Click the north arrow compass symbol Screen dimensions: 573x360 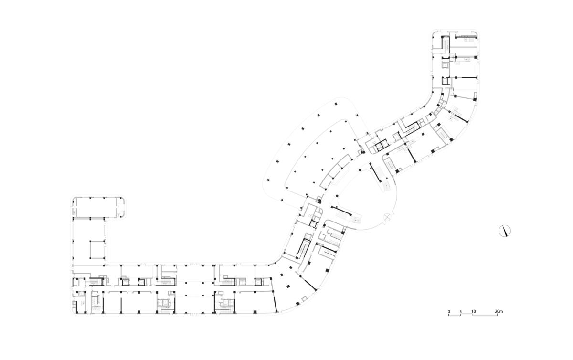(505, 231)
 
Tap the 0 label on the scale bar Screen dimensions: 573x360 (449, 311)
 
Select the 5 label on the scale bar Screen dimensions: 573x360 (460, 311)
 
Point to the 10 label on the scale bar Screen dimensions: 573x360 (474, 311)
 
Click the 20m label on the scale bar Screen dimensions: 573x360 (499, 311)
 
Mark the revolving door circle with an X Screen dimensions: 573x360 (388, 218)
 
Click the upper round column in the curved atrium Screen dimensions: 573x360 (360, 169)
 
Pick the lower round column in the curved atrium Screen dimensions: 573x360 (337, 196)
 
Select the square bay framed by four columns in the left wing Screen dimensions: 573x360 (97, 249)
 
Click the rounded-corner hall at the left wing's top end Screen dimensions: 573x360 (98, 208)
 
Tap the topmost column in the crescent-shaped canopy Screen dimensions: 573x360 (336, 104)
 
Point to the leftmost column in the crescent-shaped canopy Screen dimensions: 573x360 (268, 180)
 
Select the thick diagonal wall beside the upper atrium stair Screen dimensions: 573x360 (375, 172)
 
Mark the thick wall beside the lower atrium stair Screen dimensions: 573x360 (341, 210)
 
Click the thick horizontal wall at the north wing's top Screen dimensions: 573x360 (466, 38)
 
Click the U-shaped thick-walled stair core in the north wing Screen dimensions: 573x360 (445, 46)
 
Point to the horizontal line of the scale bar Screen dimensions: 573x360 (473, 316)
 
